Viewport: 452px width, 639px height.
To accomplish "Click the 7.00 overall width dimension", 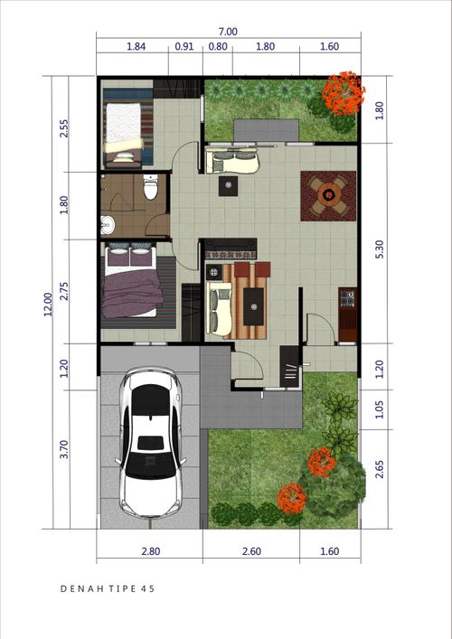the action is tap(228, 32).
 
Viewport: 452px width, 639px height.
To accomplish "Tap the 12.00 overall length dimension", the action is tap(48, 304).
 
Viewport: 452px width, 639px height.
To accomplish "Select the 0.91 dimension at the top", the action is tap(184, 46).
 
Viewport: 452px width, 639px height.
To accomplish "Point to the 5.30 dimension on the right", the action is tap(380, 249).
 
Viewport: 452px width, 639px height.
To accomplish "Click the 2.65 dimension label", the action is tap(380, 469).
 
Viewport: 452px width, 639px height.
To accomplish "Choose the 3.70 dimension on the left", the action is tap(64, 449).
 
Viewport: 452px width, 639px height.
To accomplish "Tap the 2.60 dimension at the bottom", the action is tap(251, 551).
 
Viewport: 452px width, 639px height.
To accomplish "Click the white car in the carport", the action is tap(150, 443).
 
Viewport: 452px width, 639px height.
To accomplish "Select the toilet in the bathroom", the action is tap(150, 187).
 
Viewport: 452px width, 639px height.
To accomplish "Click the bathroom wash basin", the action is tap(108, 224).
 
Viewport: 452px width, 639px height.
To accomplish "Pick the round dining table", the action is tap(328, 196).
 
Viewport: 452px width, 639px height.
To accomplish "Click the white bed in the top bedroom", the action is tap(123, 131).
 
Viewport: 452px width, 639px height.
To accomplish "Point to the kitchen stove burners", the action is tap(348, 298).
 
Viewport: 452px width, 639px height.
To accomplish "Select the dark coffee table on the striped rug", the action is tap(253, 306).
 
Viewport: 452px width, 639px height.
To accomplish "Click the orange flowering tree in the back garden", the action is tap(344, 94).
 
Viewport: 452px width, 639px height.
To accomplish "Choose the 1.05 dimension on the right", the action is tap(380, 409).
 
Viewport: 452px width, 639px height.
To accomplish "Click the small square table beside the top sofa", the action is tap(228, 186).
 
